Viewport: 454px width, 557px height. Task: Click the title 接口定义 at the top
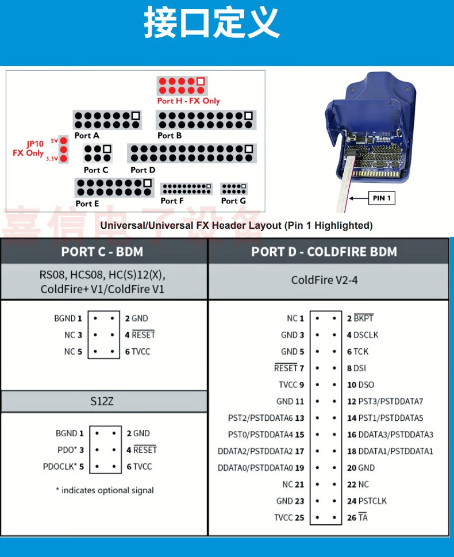point(211,24)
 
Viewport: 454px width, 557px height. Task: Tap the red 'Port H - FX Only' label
point(188,101)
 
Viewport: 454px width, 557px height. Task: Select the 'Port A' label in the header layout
point(87,136)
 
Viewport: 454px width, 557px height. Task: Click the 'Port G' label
point(233,201)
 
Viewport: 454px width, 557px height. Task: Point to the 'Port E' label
point(87,203)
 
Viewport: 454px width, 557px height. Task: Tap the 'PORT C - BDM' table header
point(102,252)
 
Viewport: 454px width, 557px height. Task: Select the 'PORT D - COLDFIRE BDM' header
point(324,252)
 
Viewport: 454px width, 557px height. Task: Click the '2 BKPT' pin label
point(360,318)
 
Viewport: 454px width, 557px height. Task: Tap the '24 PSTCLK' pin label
point(367,501)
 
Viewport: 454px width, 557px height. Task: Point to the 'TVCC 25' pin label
point(289,518)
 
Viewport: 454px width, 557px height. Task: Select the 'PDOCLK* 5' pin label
point(63,467)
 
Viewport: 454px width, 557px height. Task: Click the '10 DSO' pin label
point(360,385)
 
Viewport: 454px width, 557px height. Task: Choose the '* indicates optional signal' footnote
point(105,490)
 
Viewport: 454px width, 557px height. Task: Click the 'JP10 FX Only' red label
point(28,149)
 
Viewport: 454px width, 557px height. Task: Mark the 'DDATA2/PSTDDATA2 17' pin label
point(261,451)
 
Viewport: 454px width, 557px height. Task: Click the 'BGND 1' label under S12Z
point(70,433)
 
